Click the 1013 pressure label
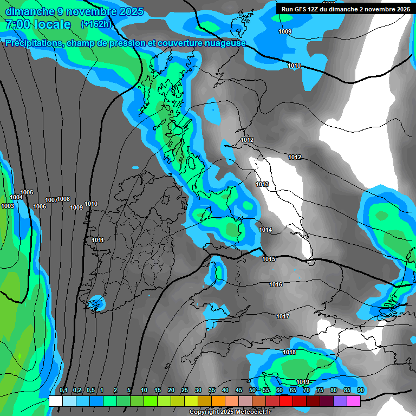click(x=263, y=185)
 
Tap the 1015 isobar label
click(x=269, y=259)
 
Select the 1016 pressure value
click(x=276, y=285)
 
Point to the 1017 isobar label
click(x=282, y=317)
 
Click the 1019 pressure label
click(x=303, y=382)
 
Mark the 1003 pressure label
click(x=8, y=206)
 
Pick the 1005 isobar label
click(x=27, y=193)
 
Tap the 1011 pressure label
click(x=97, y=240)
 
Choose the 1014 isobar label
click(x=265, y=230)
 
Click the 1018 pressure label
click(x=289, y=353)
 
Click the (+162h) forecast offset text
click(x=95, y=24)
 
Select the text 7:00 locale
click(x=38, y=24)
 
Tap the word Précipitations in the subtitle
click(x=34, y=43)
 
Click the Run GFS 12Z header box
click(x=346, y=9)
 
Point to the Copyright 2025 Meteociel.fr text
click(x=230, y=412)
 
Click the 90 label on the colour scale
click(x=360, y=391)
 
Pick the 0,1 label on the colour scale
click(x=63, y=391)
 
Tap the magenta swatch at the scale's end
click(x=354, y=401)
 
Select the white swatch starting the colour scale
click(x=55, y=401)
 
